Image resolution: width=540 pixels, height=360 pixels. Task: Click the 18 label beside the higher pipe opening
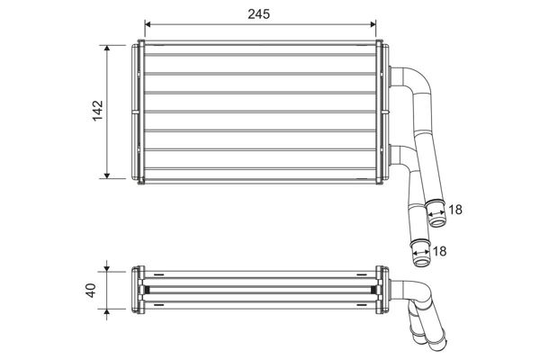(x=455, y=210)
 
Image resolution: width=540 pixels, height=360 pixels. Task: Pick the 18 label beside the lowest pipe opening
(x=439, y=252)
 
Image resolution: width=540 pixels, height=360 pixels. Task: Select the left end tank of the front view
(x=139, y=111)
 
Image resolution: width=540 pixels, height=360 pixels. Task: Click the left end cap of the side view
(x=138, y=291)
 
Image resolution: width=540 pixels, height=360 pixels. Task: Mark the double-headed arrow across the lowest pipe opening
(x=420, y=255)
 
